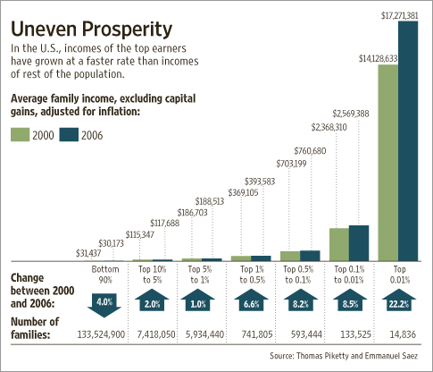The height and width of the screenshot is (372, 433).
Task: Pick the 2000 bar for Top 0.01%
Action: click(387, 162)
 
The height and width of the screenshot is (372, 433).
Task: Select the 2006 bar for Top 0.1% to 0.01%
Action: click(359, 241)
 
